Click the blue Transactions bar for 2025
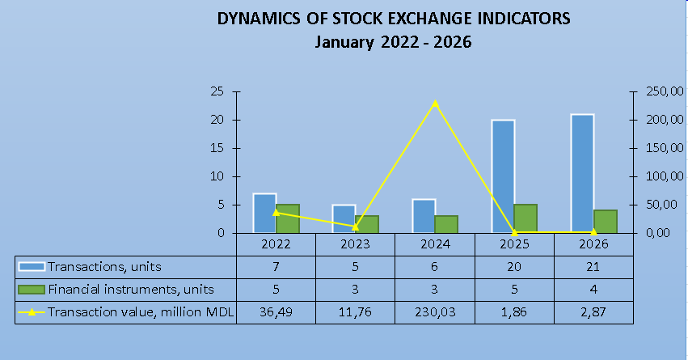503,176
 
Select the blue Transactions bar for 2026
582,174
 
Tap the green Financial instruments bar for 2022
288,218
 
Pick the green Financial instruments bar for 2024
446,224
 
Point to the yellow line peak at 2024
435,103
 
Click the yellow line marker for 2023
356,227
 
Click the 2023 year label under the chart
356,244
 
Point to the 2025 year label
514,244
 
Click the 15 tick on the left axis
217,148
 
